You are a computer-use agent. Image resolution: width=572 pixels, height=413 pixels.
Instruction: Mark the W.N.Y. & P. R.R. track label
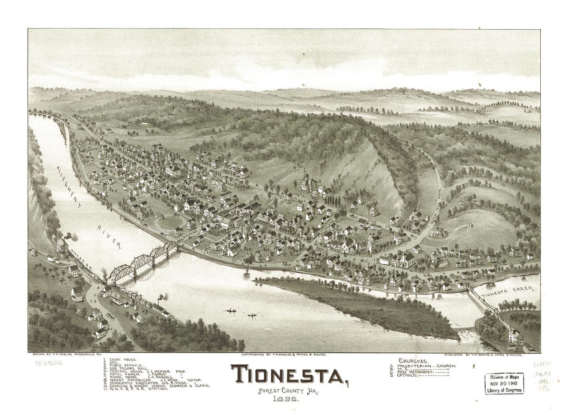[81, 263]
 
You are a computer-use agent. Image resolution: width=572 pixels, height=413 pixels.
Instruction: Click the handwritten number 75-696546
[46, 362]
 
